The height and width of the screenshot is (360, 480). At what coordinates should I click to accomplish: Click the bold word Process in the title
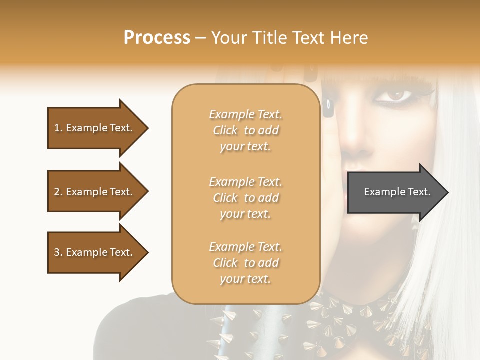[157, 38]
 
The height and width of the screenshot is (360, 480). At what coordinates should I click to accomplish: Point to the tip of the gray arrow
[447, 192]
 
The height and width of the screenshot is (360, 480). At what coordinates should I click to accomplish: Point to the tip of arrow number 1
[147, 128]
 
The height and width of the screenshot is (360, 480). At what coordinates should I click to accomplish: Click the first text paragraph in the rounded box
[245, 130]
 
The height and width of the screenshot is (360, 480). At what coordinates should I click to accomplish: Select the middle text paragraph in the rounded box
[245, 198]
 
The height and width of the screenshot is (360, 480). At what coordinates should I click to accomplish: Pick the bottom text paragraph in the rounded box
[245, 263]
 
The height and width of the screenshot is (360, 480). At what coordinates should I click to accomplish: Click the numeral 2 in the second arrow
[57, 192]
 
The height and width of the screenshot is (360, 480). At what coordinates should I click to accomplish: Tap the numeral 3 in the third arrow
[57, 252]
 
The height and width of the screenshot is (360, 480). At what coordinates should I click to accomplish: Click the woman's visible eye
[396, 95]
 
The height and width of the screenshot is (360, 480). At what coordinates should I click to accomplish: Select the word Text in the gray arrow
[419, 192]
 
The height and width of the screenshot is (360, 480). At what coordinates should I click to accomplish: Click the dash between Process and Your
[201, 38]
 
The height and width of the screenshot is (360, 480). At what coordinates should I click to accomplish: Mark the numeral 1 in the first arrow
[56, 128]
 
